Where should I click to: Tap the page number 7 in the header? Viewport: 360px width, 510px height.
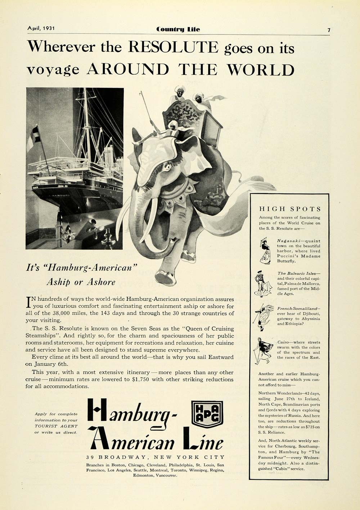[x=329, y=30]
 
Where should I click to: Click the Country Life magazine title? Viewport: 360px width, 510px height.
[x=178, y=29]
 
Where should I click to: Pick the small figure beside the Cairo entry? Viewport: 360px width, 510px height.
[x=264, y=350]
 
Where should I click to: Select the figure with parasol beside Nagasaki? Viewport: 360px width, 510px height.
[x=265, y=251]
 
